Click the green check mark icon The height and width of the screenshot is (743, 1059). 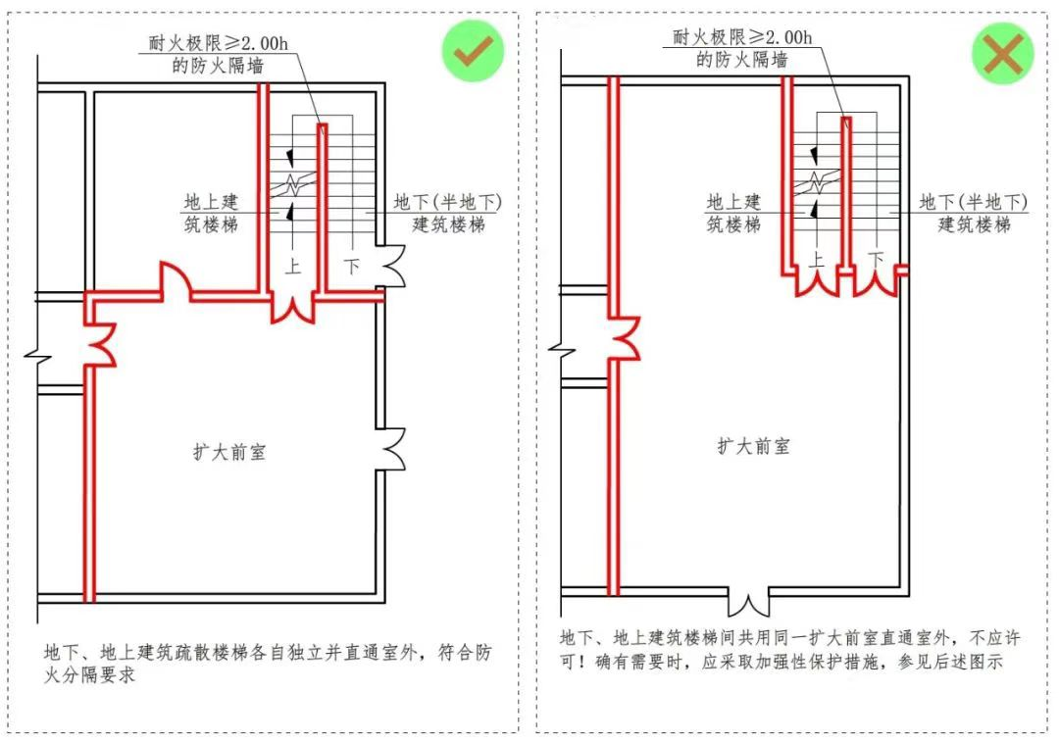(x=472, y=51)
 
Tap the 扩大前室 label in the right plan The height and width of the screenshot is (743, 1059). (x=753, y=446)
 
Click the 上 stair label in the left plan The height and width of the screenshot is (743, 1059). (x=292, y=265)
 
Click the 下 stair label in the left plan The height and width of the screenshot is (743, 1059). (x=351, y=265)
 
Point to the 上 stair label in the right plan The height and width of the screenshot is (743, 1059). (x=817, y=259)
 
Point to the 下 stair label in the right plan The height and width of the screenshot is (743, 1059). (x=876, y=259)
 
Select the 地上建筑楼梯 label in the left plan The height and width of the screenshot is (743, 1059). (x=212, y=213)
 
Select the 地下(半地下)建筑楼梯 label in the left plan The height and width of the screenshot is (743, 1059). (x=447, y=213)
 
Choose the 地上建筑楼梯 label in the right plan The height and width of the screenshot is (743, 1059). (x=734, y=213)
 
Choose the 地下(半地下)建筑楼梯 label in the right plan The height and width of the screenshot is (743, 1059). (x=974, y=213)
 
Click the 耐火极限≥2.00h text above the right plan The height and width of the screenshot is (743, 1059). (x=742, y=37)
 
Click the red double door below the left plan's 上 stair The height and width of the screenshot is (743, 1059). (x=293, y=308)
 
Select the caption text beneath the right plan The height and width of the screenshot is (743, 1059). (x=789, y=650)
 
